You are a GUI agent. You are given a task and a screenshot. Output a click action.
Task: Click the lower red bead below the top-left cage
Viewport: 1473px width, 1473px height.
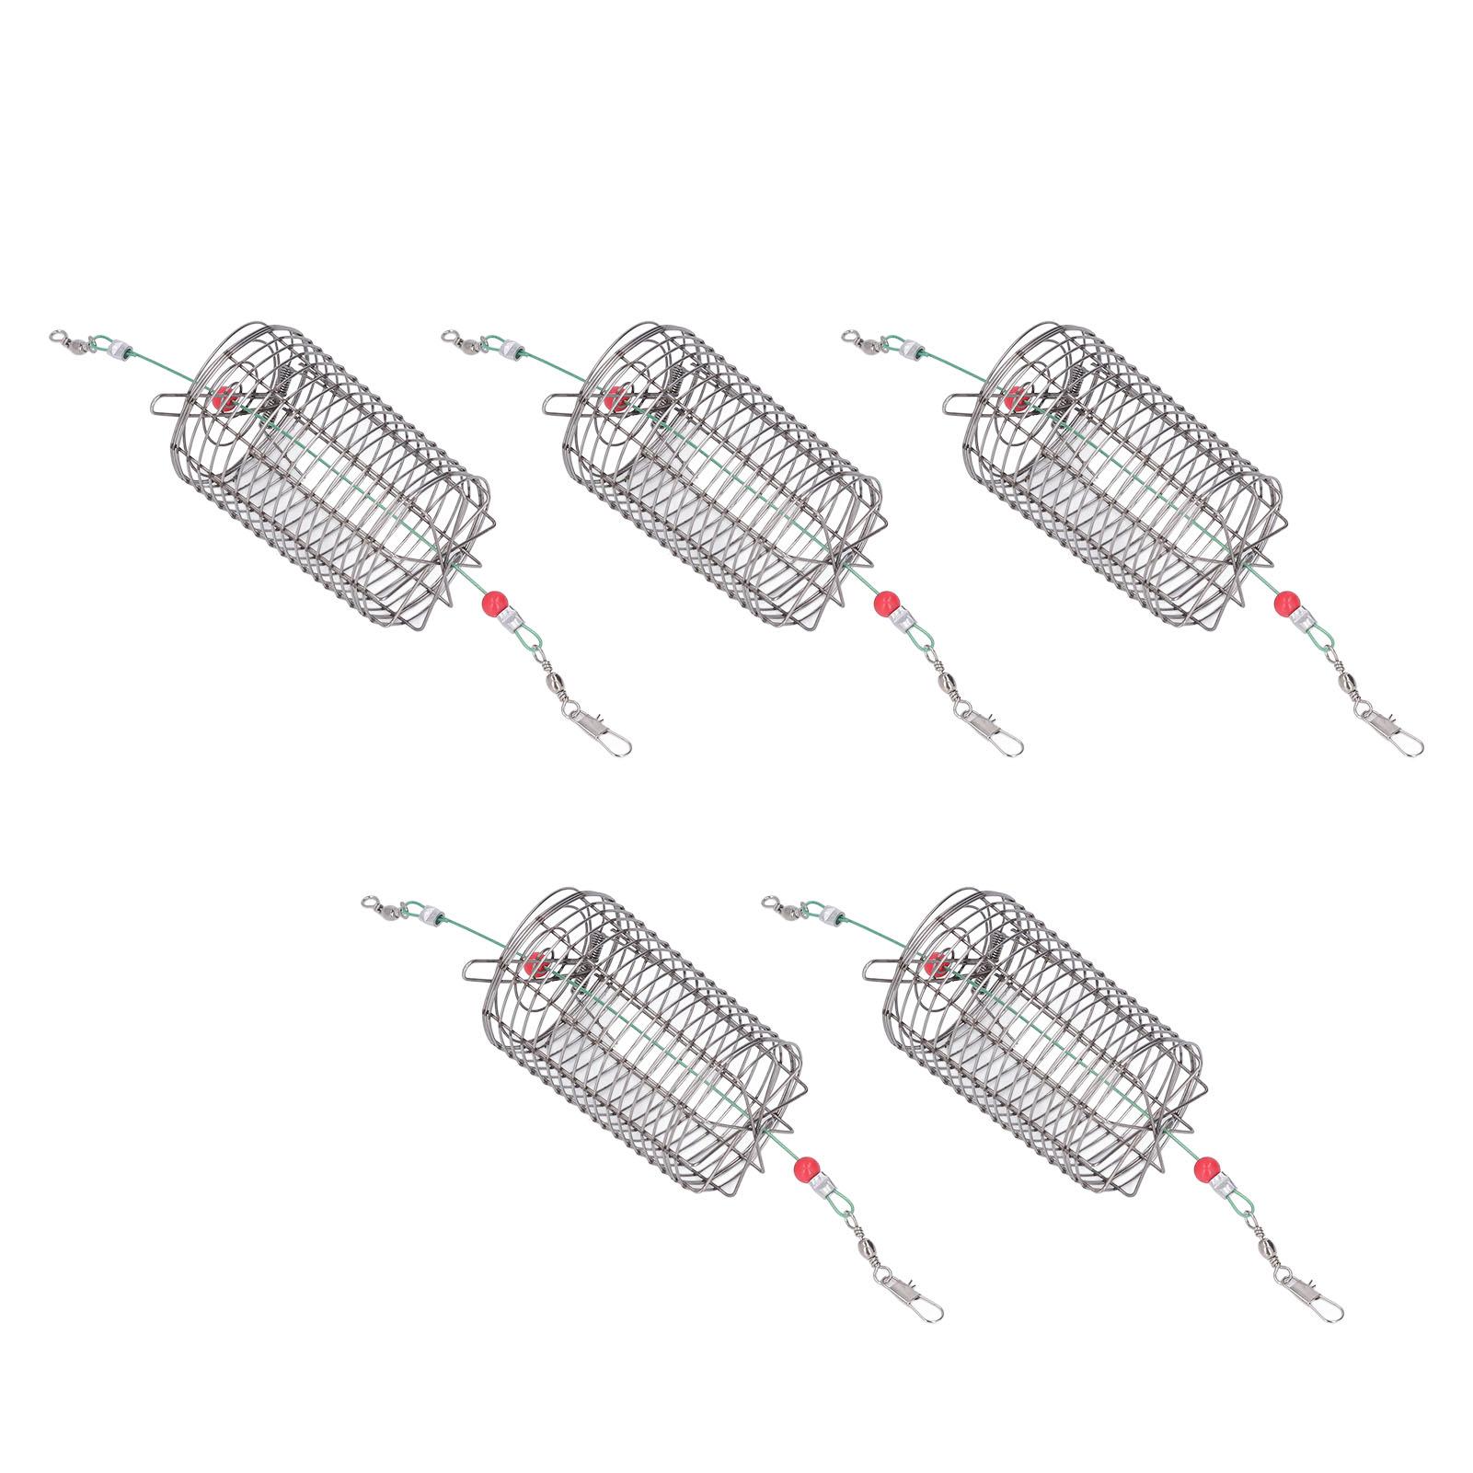491,605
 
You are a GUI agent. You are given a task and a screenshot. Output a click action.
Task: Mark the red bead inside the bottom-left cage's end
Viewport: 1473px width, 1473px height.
533,966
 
